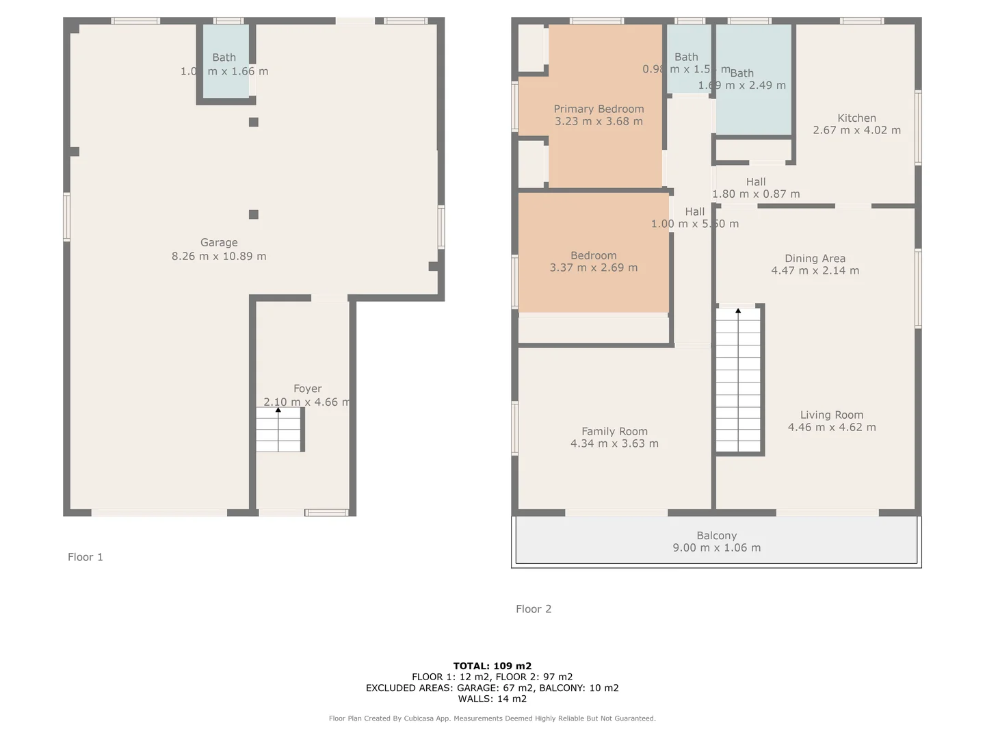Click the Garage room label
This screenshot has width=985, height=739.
pos(219,242)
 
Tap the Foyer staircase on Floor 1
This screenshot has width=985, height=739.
pos(279,430)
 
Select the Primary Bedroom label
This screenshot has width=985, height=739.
pos(599,109)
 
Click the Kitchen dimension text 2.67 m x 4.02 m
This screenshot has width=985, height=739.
pos(856,130)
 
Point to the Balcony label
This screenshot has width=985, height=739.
pos(716,536)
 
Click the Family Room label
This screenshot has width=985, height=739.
pos(614,431)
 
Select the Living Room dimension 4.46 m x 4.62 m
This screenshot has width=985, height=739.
pos(831,427)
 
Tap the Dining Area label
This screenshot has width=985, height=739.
pos(815,259)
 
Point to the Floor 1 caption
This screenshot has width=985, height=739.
pos(86,557)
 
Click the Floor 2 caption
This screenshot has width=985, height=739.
pos(534,609)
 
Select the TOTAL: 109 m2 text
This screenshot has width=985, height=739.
pos(492,666)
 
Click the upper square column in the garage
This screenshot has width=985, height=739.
pos(254,122)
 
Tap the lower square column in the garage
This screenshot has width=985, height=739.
pos(254,215)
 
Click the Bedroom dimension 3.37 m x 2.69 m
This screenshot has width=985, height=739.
pos(593,268)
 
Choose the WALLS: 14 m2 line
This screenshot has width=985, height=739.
pos(492,699)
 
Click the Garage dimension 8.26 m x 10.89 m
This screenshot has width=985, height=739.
pos(219,256)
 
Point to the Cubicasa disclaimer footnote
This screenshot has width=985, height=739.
pos(492,718)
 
